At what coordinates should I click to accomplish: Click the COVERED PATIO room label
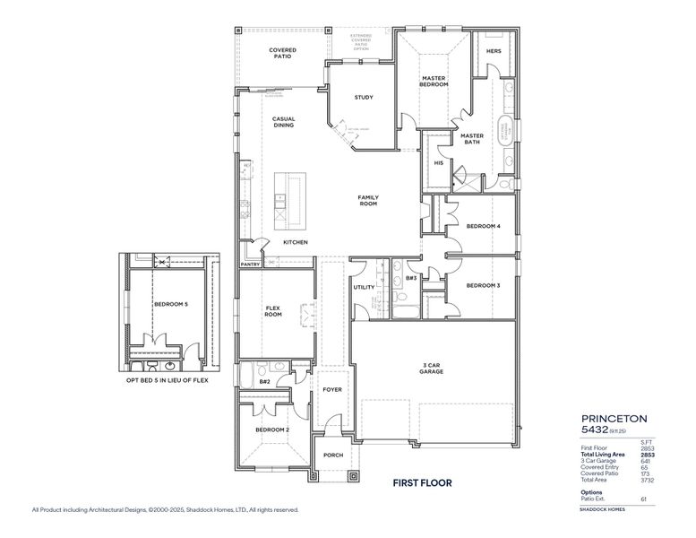[x=282, y=53]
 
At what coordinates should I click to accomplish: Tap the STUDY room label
[x=363, y=97]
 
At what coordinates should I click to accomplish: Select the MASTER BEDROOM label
[x=434, y=82]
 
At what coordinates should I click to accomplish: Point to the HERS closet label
[x=494, y=51]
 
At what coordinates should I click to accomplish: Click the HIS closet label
[x=438, y=163]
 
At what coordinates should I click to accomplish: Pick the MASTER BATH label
[x=472, y=139]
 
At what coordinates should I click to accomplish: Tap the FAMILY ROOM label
[x=368, y=200]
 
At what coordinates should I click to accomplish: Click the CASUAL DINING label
[x=284, y=122]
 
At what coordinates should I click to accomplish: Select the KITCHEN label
[x=296, y=242]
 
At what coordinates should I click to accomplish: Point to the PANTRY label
[x=250, y=265]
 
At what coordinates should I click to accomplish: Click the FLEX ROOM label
[x=273, y=311]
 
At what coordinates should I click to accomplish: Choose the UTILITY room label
[x=364, y=287]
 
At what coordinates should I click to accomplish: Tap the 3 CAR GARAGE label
[x=434, y=368]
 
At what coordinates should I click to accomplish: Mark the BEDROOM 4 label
[x=483, y=226]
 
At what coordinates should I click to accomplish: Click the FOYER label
[x=332, y=390]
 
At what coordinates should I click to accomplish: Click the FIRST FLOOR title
[x=422, y=483]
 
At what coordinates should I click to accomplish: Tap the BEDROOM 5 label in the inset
[x=170, y=304]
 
